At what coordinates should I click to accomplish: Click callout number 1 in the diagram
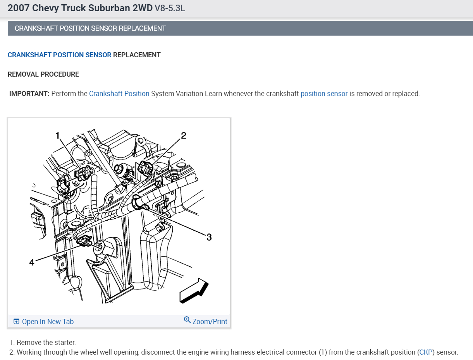58,135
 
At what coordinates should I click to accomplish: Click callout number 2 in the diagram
184,135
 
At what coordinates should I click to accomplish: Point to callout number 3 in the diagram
209,237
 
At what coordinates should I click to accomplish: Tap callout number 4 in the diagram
32,262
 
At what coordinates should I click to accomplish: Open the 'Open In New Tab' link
43,322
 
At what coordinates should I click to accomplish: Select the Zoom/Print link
210,322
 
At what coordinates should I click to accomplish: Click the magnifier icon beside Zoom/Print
187,320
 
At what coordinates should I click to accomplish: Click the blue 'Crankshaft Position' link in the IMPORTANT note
119,94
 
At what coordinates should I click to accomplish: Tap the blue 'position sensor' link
324,94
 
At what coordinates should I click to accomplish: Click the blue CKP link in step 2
426,352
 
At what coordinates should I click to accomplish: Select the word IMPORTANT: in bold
29,94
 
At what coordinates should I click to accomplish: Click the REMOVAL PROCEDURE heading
43,74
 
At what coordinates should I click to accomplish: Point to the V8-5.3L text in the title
170,8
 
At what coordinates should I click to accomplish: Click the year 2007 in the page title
19,8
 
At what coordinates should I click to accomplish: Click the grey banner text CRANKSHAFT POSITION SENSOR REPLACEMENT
90,28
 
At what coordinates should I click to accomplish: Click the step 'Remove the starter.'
46,343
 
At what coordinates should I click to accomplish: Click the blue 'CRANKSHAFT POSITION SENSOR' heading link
59,55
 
